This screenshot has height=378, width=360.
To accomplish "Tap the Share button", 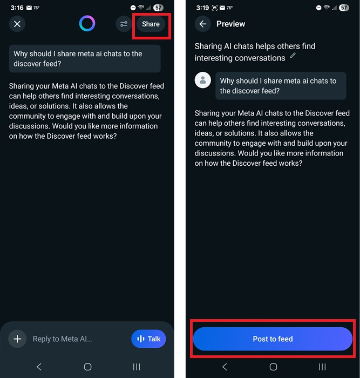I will pos(151,24).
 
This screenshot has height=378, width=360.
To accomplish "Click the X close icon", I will pos(17,24).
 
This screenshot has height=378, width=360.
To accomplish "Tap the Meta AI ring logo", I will pos(87,23).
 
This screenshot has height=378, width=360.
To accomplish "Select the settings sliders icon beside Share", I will pos(124,24).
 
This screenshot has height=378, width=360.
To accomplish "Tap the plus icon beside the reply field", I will pos(17,339).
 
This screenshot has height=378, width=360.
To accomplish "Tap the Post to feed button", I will pos(273,339).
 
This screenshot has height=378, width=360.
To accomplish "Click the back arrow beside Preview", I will pos(203,24).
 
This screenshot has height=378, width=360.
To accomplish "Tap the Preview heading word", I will pos(230,24).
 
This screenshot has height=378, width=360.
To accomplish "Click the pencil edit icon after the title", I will pos(293,55).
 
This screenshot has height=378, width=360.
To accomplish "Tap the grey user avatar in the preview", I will pos(203,80).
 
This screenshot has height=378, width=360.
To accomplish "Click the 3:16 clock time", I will pos(17,8).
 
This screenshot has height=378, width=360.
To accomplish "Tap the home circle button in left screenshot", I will pos(87,367).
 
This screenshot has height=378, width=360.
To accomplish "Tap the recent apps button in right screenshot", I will pos(322,367).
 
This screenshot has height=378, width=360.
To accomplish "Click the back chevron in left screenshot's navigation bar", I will pos(39,367).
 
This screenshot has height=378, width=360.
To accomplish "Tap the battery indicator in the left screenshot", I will pos(158,8).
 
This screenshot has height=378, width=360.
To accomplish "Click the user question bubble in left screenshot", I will pos(85,58).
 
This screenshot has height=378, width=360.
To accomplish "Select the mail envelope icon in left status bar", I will pos(29,8).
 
